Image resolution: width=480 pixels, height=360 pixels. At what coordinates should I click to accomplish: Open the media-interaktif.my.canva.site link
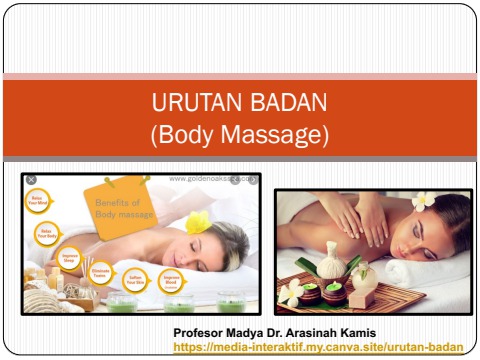point(318,346)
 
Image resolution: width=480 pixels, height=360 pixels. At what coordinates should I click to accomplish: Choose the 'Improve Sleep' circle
point(69,258)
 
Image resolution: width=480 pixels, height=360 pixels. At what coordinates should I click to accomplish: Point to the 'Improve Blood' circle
point(171,280)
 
